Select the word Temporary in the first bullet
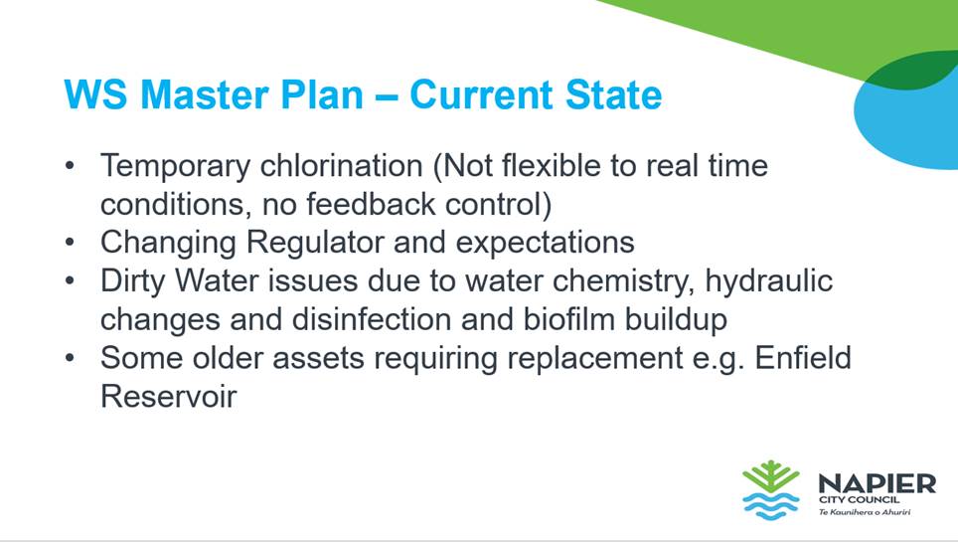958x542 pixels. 175,167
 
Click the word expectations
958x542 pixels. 545,244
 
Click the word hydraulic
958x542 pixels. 768,280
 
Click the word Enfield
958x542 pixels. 803,358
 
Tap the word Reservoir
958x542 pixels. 169,397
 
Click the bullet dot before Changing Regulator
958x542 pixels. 70,243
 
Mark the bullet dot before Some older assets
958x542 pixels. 70,358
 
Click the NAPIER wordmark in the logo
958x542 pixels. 877,484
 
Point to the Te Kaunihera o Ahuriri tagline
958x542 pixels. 865,511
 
